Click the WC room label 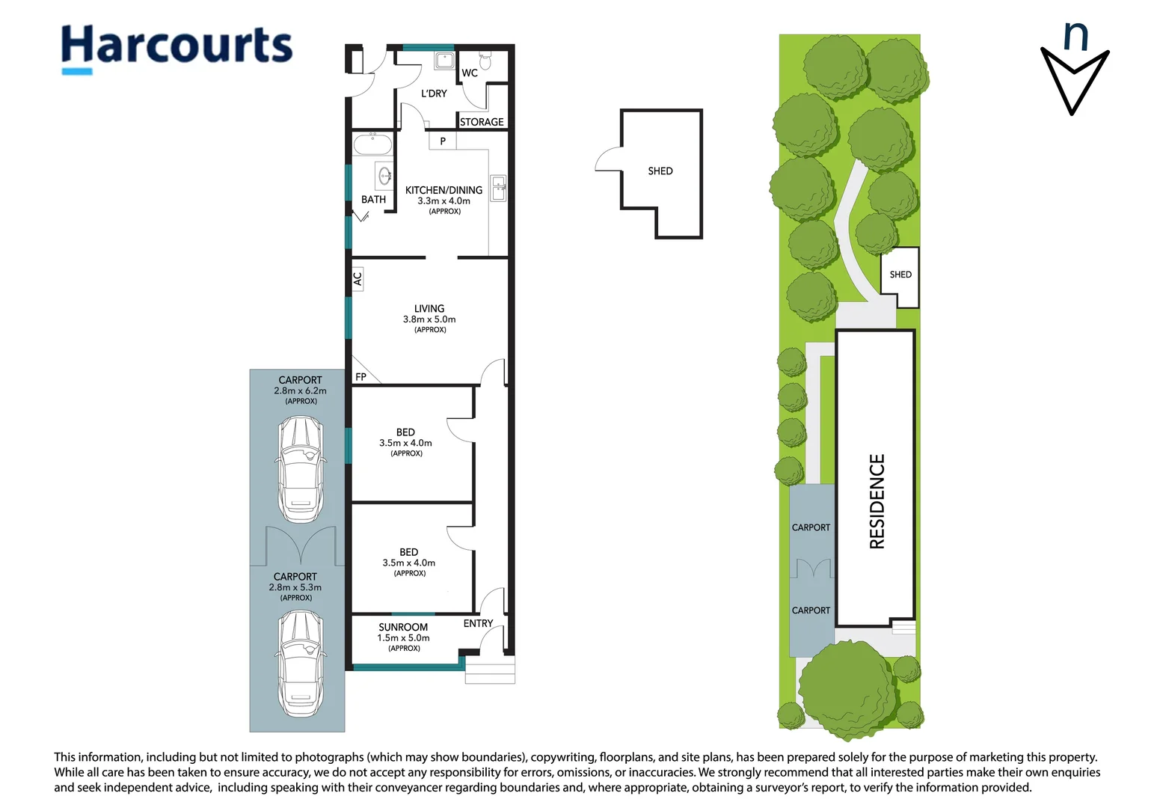click(470, 73)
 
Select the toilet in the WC click(485, 61)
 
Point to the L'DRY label click(434, 94)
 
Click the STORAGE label click(482, 122)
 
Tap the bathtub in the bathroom click(373, 144)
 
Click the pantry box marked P click(443, 141)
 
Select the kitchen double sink click(498, 188)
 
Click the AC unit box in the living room click(357, 279)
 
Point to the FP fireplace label click(360, 376)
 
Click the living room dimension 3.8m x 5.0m click(429, 319)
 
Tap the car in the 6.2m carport click(301, 469)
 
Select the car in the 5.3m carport click(301, 663)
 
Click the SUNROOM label click(403, 627)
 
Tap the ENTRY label click(478, 623)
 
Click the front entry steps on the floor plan click(490, 670)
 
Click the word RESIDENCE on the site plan click(877, 501)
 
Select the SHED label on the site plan click(900, 275)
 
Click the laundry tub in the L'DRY click(444, 61)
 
